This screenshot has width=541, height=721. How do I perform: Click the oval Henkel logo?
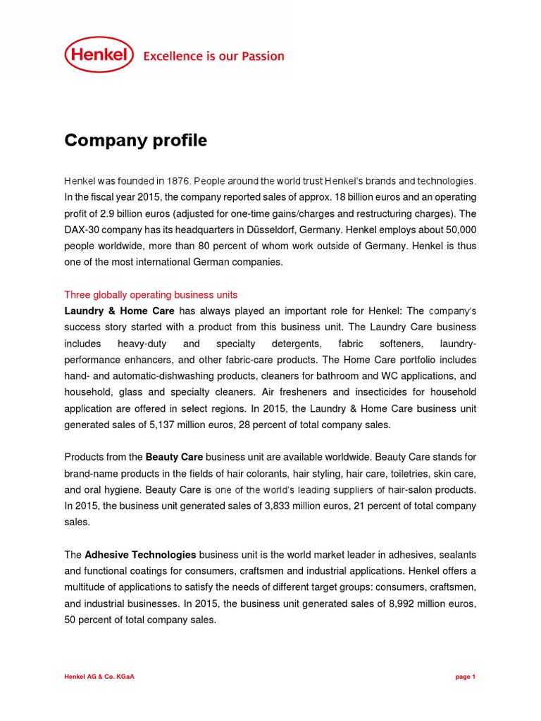99,55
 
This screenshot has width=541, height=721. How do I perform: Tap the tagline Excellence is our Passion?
213,56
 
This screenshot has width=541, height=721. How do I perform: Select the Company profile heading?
135,141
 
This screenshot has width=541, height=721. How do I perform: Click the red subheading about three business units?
151,294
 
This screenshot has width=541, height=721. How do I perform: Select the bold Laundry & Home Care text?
119,311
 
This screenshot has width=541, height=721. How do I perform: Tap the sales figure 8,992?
362,604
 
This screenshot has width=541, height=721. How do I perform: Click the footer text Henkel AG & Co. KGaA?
99,677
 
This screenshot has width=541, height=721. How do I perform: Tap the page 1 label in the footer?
465,677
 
